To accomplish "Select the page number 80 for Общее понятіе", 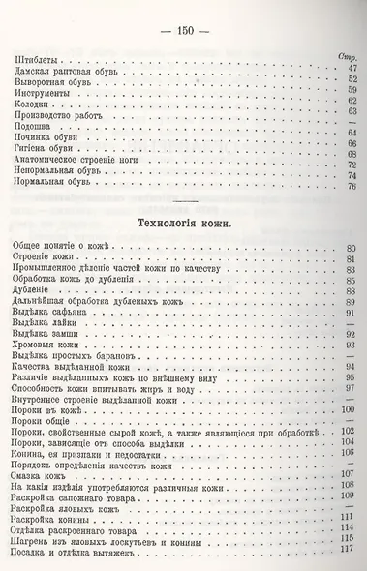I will coord(352,251).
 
